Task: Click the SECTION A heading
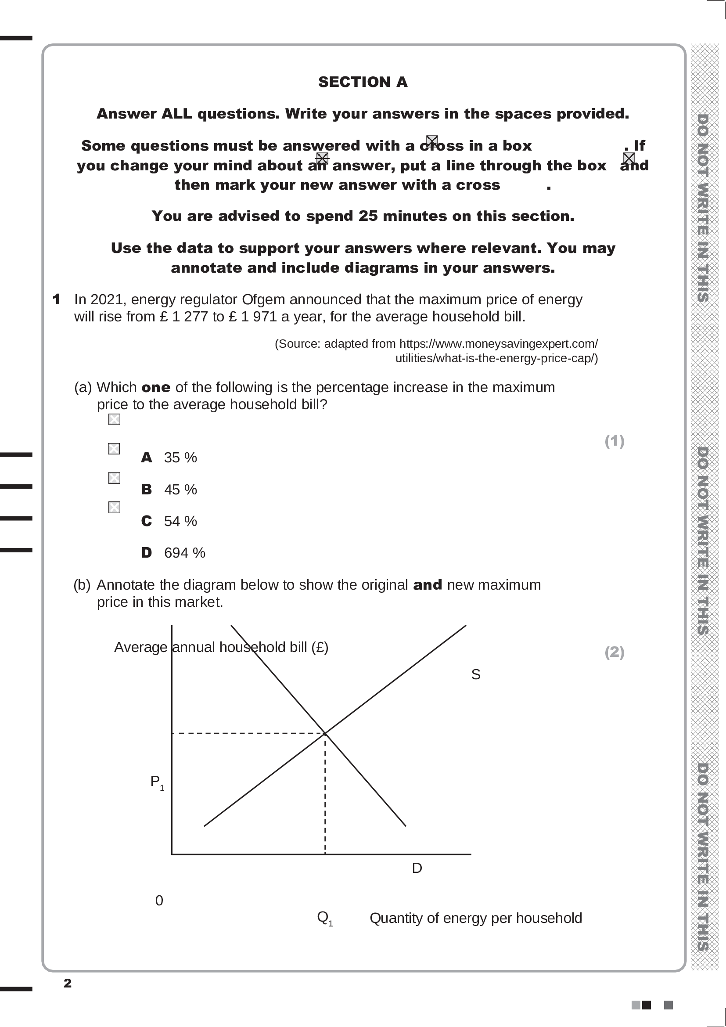[363, 82]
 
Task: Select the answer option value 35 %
[180, 458]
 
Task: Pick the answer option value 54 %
[180, 521]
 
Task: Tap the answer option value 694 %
[184, 553]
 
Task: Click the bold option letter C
[146, 521]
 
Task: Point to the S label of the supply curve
[476, 674]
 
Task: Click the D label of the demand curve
[417, 868]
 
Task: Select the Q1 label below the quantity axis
[324, 918]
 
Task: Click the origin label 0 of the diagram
[159, 901]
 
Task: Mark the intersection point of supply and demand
[325, 733]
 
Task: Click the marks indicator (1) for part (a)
[614, 441]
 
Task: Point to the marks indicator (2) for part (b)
[614, 652]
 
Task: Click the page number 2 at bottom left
[68, 983]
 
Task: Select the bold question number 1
[56, 299]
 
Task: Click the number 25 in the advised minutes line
[368, 216]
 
